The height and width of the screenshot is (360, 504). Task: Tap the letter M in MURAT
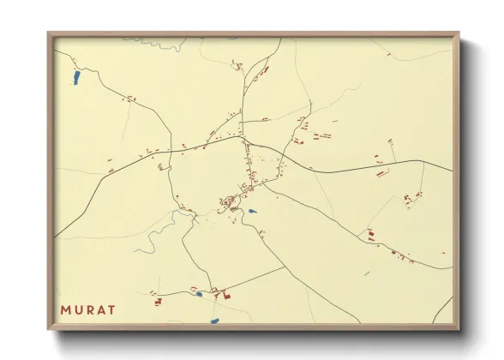click(66, 309)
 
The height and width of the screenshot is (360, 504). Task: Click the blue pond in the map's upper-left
click(76, 79)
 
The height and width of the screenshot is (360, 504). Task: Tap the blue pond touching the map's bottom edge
click(213, 320)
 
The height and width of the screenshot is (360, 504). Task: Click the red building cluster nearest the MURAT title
click(156, 300)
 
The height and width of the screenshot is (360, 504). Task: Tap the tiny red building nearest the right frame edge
click(442, 254)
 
